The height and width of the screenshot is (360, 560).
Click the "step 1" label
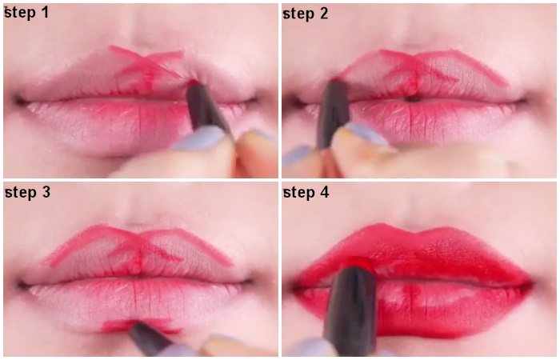tap(26, 13)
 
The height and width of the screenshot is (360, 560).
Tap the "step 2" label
tap(306, 14)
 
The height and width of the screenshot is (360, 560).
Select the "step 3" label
tap(27, 193)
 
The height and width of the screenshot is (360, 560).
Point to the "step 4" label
tap(306, 193)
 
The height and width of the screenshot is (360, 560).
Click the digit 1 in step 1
tap(45, 12)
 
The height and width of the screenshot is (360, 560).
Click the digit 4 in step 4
tap(324, 193)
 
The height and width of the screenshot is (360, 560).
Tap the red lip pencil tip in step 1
tap(194, 82)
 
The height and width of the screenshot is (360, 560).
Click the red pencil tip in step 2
tap(334, 80)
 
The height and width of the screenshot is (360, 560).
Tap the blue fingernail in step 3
tap(218, 341)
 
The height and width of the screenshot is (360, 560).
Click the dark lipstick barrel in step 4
tap(351, 311)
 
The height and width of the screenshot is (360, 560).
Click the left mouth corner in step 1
tap(18, 101)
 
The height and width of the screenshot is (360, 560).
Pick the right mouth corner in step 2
tap(524, 101)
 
